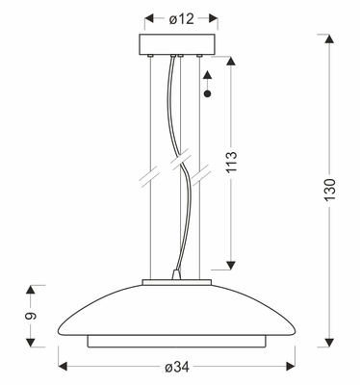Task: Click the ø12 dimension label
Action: (181, 18)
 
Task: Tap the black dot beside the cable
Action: (208, 95)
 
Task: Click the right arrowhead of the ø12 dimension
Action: (212, 18)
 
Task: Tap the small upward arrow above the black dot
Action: (208, 80)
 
